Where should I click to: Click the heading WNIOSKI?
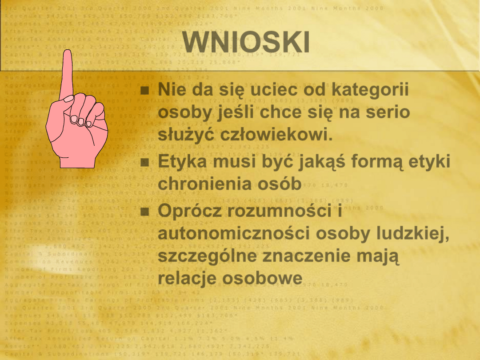click(x=246, y=43)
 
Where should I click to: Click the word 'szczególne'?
click(x=208, y=256)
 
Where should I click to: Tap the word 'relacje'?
click(x=187, y=278)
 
